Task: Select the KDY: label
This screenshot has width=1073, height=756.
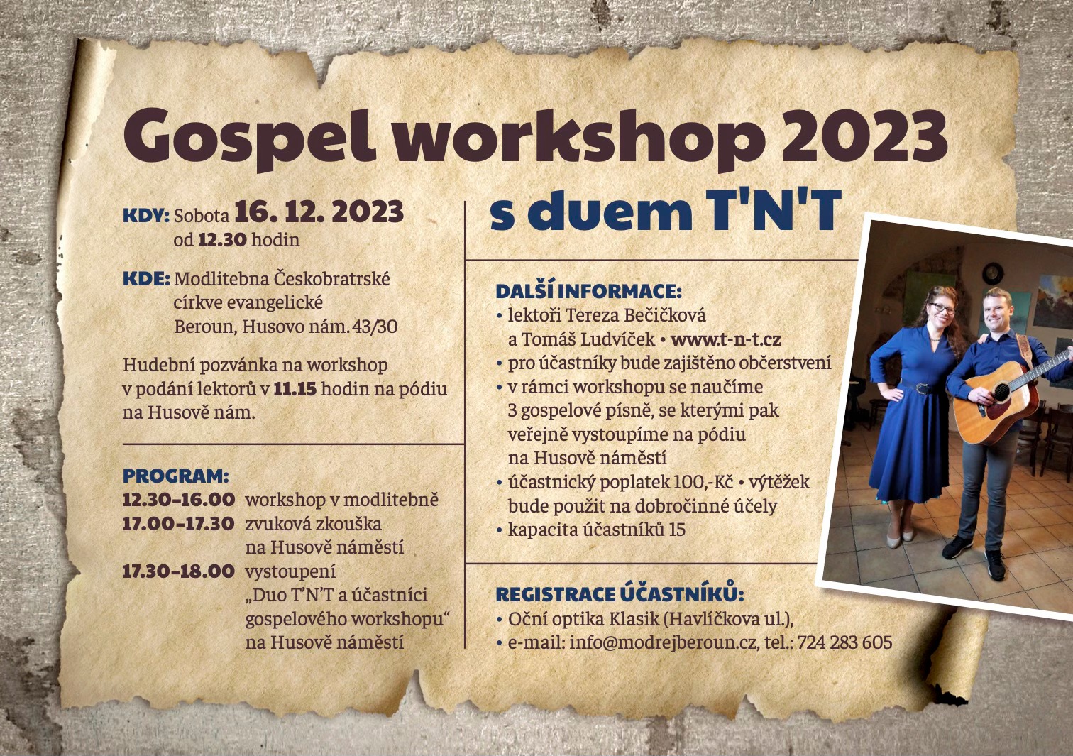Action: (146, 216)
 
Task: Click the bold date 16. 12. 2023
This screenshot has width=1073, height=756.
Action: (319, 213)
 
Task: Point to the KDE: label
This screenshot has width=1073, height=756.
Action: (146, 279)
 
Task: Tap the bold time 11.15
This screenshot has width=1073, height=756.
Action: (295, 389)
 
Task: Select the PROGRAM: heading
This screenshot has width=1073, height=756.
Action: (176, 476)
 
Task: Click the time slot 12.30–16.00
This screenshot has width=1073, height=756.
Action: (179, 500)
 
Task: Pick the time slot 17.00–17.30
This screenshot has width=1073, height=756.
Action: (179, 524)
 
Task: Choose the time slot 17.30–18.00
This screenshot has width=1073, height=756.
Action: (179, 571)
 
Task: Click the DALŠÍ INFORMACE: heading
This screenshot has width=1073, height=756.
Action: (588, 291)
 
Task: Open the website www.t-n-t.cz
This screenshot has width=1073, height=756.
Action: (726, 340)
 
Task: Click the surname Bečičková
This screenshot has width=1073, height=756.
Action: (665, 315)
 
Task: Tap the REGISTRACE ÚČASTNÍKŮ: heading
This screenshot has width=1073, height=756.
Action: (620, 594)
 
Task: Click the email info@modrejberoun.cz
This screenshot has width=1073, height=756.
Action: (664, 642)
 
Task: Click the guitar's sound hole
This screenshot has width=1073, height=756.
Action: (1001, 393)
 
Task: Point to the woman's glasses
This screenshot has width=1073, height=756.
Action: (941, 308)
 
